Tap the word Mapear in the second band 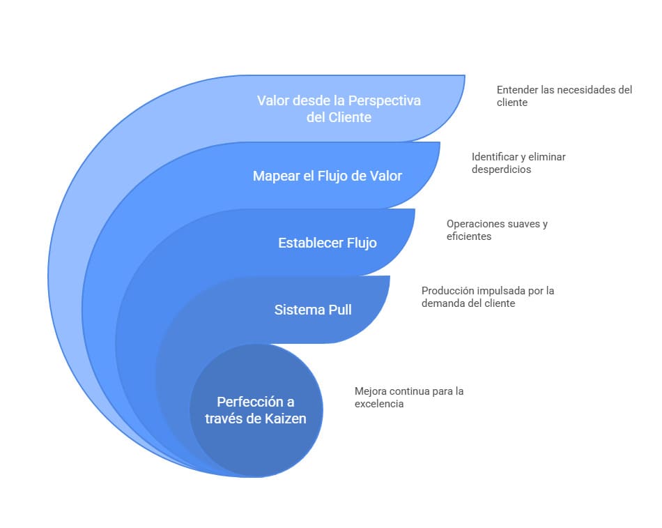(275, 176)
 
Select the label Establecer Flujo (327, 243)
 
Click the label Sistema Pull (313, 310)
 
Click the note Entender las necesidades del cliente (564, 96)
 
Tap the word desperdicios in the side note (501, 169)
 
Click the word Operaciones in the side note (476, 224)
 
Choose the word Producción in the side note (447, 291)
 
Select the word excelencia (379, 404)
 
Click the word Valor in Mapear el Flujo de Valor (386, 176)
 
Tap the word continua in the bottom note (409, 391)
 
